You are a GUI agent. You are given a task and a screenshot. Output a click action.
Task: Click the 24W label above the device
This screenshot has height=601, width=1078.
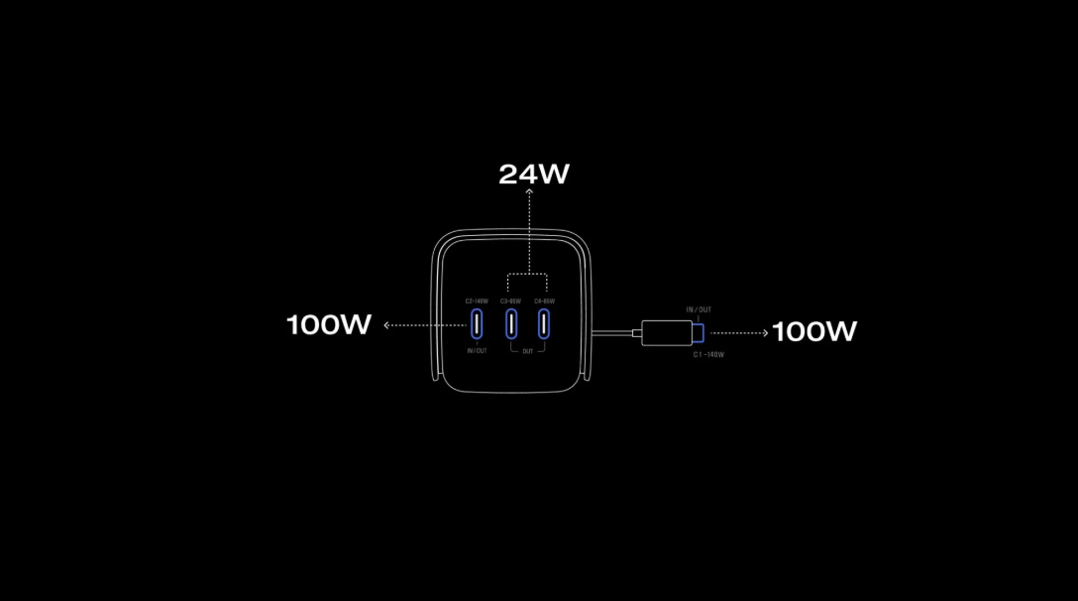(534, 175)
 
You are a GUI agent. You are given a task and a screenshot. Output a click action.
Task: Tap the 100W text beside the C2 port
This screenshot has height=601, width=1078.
(329, 324)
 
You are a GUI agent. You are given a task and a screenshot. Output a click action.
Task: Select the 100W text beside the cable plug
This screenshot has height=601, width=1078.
(814, 331)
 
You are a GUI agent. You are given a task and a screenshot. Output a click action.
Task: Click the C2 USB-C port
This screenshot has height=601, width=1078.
(477, 323)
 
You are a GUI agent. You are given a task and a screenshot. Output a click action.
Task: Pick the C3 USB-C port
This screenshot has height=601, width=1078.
(511, 323)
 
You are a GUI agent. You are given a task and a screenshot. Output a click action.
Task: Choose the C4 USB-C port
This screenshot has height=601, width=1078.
(544, 323)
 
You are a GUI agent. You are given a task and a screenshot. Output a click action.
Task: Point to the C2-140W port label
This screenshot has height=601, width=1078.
(477, 300)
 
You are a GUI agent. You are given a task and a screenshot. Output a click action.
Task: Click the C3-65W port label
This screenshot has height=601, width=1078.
(511, 300)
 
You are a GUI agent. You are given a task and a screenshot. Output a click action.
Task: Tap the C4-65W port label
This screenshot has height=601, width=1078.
(544, 300)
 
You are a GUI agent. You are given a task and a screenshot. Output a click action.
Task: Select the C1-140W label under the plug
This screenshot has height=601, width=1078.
(708, 354)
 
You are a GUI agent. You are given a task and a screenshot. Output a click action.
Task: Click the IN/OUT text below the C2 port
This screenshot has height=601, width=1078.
(477, 350)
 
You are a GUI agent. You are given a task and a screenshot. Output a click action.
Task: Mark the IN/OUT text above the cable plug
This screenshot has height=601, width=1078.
(699, 309)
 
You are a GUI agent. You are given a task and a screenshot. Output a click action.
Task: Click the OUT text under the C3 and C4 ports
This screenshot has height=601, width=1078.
(528, 351)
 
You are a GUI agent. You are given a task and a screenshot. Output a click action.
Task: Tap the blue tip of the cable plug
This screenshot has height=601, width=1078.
(698, 333)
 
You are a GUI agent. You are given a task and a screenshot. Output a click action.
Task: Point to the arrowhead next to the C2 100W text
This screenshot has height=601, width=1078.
(387, 324)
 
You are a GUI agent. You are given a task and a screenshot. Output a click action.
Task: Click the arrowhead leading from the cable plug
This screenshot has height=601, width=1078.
(764, 333)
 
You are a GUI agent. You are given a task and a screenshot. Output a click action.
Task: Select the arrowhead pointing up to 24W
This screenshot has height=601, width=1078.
(530, 194)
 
